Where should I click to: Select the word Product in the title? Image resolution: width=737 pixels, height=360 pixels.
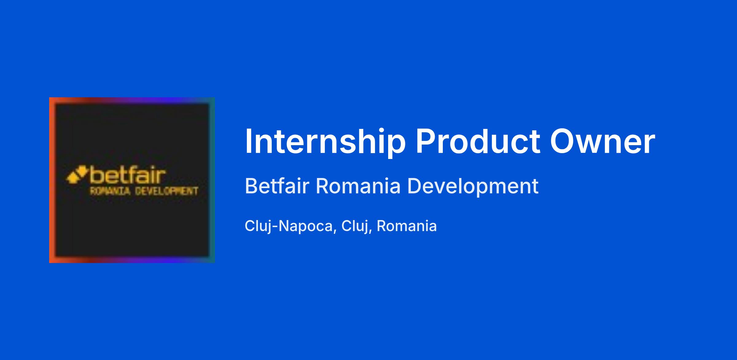point(478,141)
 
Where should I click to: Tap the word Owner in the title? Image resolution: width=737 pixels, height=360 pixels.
point(603,141)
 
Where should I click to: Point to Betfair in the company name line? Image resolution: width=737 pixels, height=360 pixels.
point(277,186)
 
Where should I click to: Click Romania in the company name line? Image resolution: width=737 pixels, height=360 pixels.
point(358,186)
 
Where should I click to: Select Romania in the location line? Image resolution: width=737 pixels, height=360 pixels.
point(407,226)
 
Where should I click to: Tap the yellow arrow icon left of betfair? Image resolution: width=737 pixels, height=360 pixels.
point(76,175)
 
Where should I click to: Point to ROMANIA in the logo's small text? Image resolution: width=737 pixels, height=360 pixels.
point(110,192)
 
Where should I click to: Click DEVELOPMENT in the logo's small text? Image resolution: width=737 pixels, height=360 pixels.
point(166,192)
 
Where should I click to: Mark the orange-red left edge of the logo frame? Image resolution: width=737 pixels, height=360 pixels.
point(52,180)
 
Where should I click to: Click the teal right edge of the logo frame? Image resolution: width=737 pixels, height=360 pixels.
point(212,180)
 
